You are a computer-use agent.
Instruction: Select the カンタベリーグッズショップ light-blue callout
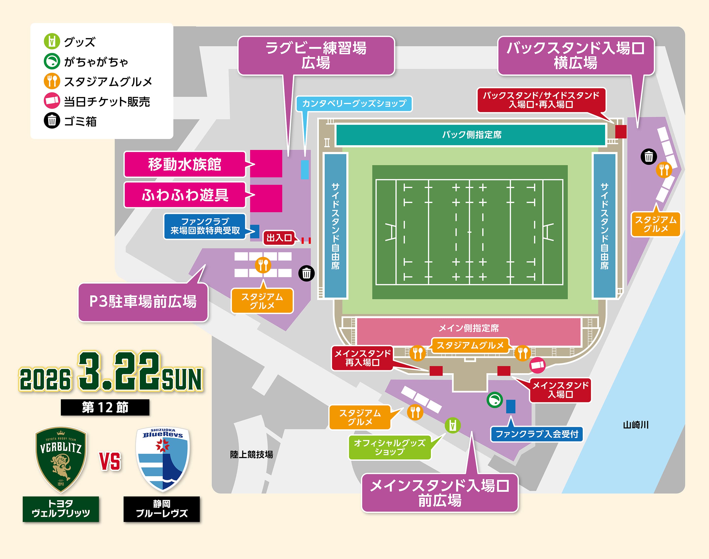coord(354,104)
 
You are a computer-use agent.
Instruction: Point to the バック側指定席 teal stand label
coord(471,135)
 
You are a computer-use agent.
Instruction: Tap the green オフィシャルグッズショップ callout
coord(389,447)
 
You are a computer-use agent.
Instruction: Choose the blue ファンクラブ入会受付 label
coord(537,434)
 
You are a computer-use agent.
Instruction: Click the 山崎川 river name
coord(635,425)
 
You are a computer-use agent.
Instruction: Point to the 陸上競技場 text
coord(251,454)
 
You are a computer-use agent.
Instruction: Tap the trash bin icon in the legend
coord(52,120)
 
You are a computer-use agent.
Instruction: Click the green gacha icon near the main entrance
coord(495,400)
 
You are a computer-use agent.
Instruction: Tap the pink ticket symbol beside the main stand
coord(537,365)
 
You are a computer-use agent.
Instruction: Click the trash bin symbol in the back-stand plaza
coord(648,157)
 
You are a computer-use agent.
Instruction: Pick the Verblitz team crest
coord(61,459)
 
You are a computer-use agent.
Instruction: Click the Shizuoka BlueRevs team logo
coord(162,459)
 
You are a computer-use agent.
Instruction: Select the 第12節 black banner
coord(105,407)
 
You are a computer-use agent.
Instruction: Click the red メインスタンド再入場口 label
coord(362,358)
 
